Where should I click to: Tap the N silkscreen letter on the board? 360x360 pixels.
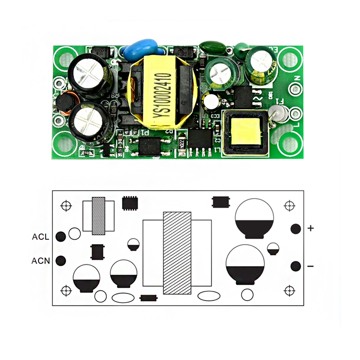click(297, 78)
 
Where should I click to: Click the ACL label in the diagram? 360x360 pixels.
click(41, 237)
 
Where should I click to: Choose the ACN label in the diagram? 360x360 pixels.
click(41, 261)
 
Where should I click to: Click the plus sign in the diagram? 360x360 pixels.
click(311, 228)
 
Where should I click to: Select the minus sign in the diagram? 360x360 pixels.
click(311, 266)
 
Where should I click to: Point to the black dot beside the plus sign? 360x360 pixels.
click(296, 229)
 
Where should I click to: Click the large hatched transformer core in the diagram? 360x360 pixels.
click(177, 253)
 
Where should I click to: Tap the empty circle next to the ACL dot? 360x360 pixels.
click(75, 234)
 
